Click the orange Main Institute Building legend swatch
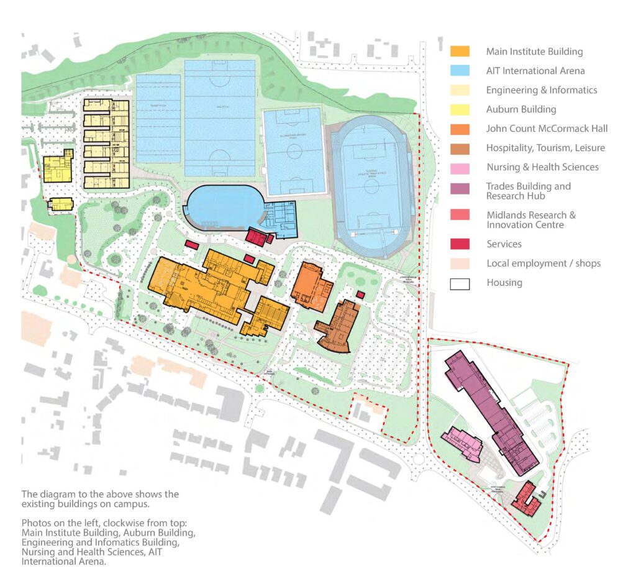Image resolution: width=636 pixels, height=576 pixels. (x=460, y=52)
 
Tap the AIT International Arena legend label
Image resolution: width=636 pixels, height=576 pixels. (x=535, y=71)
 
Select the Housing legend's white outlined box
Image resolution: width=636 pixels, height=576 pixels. (x=460, y=283)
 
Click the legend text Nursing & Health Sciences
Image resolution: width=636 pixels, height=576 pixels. (x=542, y=167)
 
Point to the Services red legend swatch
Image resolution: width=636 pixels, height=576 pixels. (x=460, y=244)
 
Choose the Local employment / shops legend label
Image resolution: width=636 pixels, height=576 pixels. (x=543, y=263)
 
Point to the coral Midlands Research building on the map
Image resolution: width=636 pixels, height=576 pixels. (x=525, y=498)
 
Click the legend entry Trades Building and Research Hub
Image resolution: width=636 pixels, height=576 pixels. (x=529, y=191)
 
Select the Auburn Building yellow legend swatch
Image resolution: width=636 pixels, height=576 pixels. (x=460, y=109)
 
